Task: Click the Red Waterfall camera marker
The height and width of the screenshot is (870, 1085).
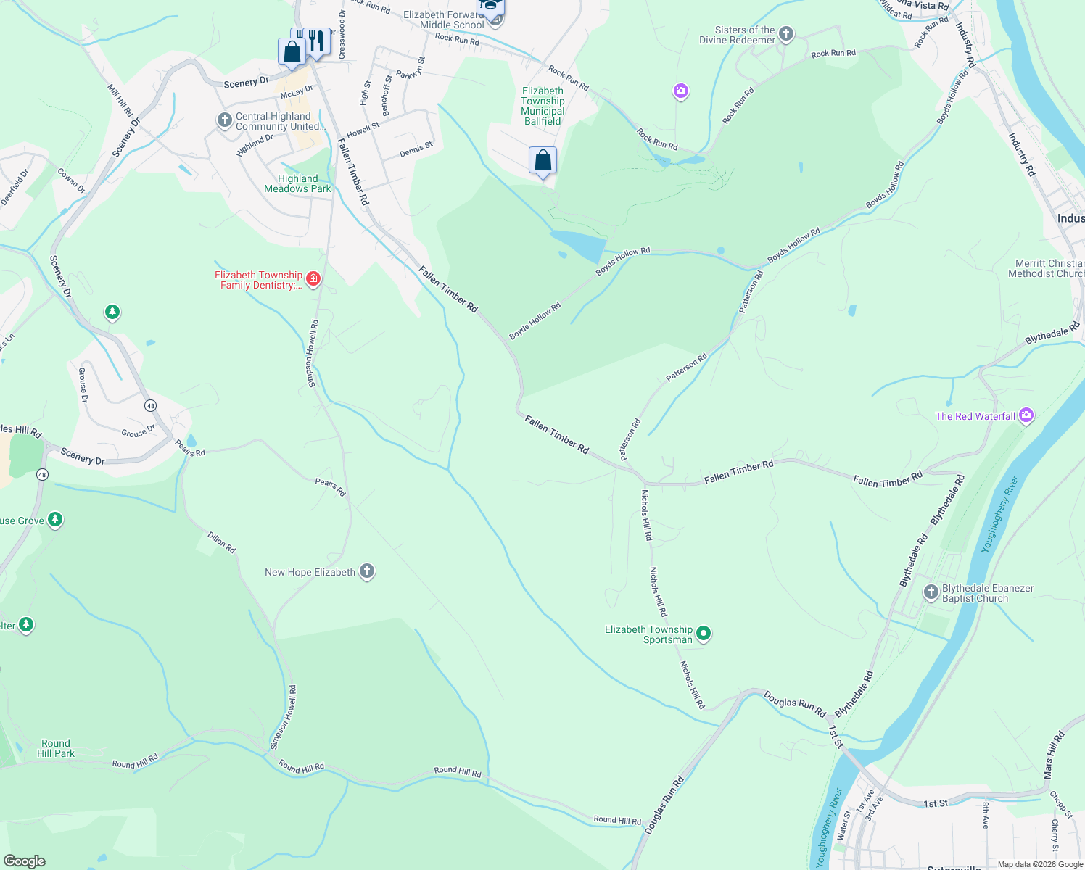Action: pos(1026,415)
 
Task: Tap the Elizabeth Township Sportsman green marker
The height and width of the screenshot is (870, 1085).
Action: pos(703,634)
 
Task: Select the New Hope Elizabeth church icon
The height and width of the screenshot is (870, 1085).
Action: pos(367,571)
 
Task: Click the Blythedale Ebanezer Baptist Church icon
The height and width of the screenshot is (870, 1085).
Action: pos(931,592)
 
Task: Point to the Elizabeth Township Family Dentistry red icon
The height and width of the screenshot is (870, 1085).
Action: pos(313,278)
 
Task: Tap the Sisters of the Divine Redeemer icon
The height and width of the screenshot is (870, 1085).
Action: pos(785,34)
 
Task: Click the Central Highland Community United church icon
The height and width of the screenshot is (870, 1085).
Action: pos(225,120)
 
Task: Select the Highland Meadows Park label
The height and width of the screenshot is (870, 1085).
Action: pos(297,183)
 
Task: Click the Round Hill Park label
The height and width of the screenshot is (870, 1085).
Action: pos(56,748)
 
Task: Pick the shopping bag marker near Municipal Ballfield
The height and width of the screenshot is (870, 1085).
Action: pos(542,161)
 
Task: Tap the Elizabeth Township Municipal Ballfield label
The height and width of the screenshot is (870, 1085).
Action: pos(542,106)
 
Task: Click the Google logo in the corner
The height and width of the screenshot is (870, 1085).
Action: pos(25,861)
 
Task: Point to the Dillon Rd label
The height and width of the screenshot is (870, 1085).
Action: pos(221,542)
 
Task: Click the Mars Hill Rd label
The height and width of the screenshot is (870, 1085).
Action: pos(1053,755)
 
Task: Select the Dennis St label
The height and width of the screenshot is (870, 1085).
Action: pos(416,149)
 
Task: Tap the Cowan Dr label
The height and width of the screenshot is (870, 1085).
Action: pos(71,181)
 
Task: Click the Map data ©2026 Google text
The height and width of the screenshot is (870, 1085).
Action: pos(1040,864)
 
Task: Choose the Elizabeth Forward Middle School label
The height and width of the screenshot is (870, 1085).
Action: pos(444,20)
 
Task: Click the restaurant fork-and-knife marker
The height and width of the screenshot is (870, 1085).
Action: pos(315,42)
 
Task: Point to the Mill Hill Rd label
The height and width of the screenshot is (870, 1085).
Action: pos(120,100)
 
